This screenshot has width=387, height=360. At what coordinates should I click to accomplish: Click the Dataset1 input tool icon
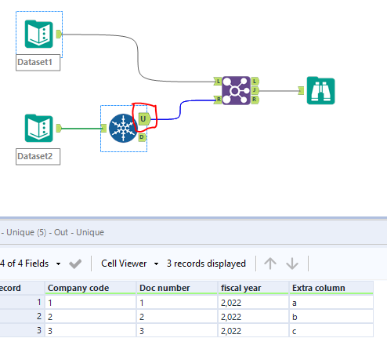(38, 34)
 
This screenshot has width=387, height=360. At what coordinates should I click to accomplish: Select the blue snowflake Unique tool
(122, 128)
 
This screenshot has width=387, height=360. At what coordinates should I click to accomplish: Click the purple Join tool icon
(235, 90)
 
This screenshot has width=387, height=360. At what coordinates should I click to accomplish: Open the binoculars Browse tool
(320, 90)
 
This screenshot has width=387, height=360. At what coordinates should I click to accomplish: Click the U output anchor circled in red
(143, 119)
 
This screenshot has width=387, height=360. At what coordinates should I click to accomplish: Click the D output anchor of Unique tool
(143, 136)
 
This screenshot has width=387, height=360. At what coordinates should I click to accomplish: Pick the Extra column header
(318, 288)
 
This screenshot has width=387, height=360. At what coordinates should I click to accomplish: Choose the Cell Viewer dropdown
(130, 264)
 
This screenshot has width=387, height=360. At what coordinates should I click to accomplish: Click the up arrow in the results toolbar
(270, 264)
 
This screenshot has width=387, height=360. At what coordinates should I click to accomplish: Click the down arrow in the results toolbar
(292, 264)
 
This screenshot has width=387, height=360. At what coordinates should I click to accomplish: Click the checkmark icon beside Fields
(75, 264)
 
